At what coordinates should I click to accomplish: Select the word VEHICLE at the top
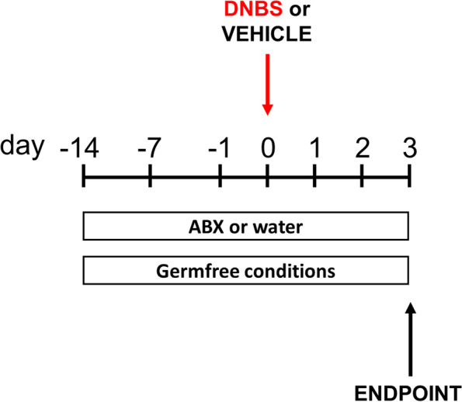click(x=266, y=35)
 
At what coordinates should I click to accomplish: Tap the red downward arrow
click(x=267, y=85)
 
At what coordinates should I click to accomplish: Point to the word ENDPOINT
click(x=412, y=390)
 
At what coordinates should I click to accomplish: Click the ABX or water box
click(x=245, y=227)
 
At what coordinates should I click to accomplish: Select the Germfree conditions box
click(x=245, y=272)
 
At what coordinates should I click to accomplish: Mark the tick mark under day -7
click(x=150, y=180)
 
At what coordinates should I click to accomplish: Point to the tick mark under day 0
click(x=267, y=180)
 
